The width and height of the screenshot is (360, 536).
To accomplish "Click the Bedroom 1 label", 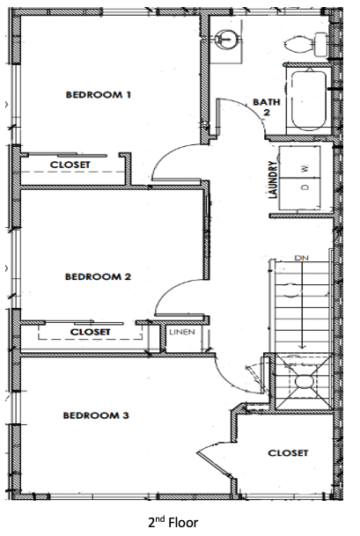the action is (x=98, y=94).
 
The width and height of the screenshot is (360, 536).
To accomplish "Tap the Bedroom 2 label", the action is (x=98, y=276).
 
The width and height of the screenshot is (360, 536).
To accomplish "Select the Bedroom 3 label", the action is (x=96, y=415).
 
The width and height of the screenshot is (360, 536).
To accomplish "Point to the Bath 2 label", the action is (x=267, y=106).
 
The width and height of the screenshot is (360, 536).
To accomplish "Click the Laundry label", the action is (x=273, y=180).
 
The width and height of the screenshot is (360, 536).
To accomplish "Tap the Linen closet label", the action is (x=182, y=332).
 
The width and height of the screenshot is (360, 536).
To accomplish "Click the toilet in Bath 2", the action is (x=306, y=44).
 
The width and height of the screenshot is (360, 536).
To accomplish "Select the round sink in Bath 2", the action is (x=225, y=38).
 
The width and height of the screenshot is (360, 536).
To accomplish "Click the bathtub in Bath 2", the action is (x=309, y=100).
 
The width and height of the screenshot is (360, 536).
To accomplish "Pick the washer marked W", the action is (x=300, y=162).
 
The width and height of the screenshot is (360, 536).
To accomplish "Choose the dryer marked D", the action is (x=300, y=194).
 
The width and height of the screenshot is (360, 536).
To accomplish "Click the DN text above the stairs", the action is (x=301, y=258).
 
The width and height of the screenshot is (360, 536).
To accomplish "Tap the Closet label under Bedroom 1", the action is (x=70, y=165).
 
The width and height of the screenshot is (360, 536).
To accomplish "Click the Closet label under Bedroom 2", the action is (x=91, y=332).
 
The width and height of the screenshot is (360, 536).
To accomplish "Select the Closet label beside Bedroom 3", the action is (x=288, y=453).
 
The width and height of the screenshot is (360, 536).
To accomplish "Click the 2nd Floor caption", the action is (x=173, y=522).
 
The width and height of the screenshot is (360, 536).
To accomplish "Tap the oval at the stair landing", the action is (x=304, y=381).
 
